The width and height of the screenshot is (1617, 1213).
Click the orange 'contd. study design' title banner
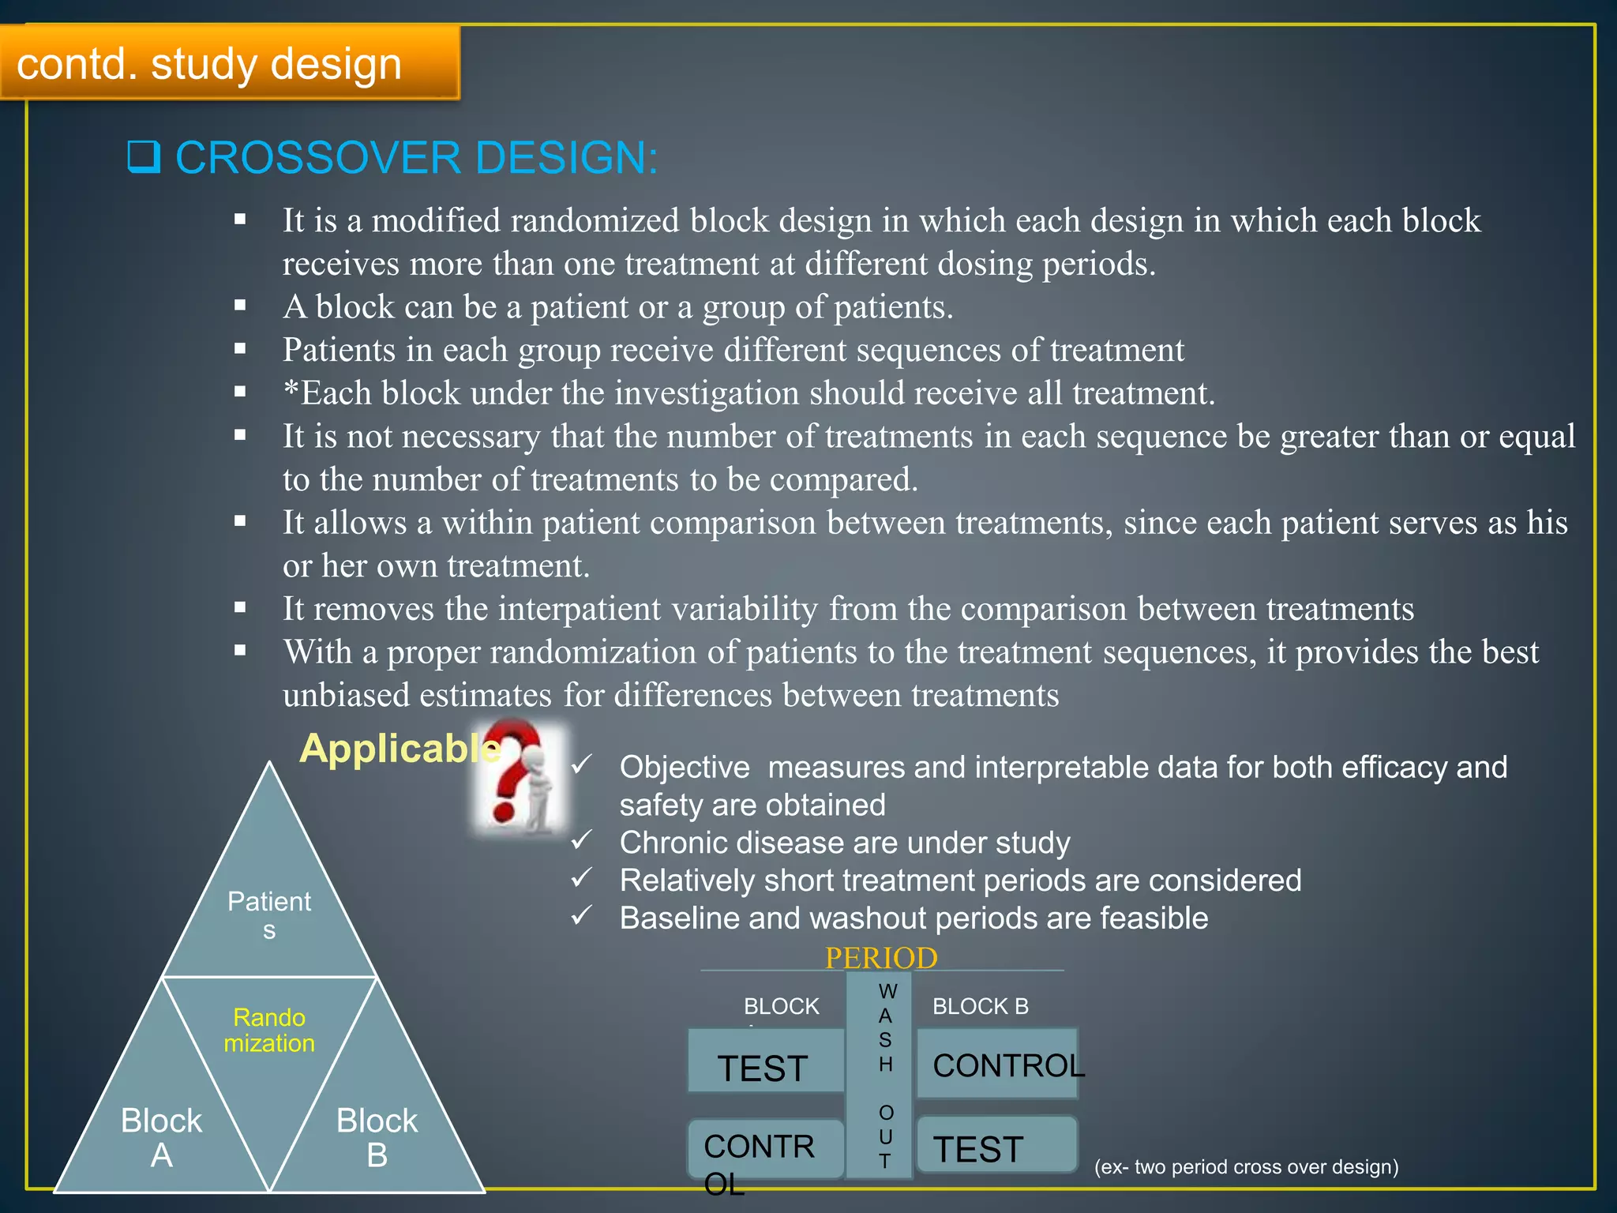tap(229, 63)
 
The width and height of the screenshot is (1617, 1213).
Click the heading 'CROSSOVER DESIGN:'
tap(416, 157)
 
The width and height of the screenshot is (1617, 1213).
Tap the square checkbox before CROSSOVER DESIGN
tap(144, 156)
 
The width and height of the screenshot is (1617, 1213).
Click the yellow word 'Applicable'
tap(399, 748)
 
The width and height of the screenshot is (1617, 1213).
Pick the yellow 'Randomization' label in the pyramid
tap(269, 1030)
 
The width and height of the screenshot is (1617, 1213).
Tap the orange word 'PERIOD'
tap(881, 958)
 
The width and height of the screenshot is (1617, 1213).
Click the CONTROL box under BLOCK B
tap(996, 1065)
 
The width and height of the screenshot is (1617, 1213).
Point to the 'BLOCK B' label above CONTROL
tap(980, 1006)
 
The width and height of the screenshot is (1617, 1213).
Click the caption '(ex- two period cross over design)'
tap(1246, 1166)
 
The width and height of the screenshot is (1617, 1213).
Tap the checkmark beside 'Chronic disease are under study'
tap(582, 840)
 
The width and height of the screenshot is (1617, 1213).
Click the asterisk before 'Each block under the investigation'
tap(291, 391)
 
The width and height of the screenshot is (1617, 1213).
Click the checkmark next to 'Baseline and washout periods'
tap(582, 916)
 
